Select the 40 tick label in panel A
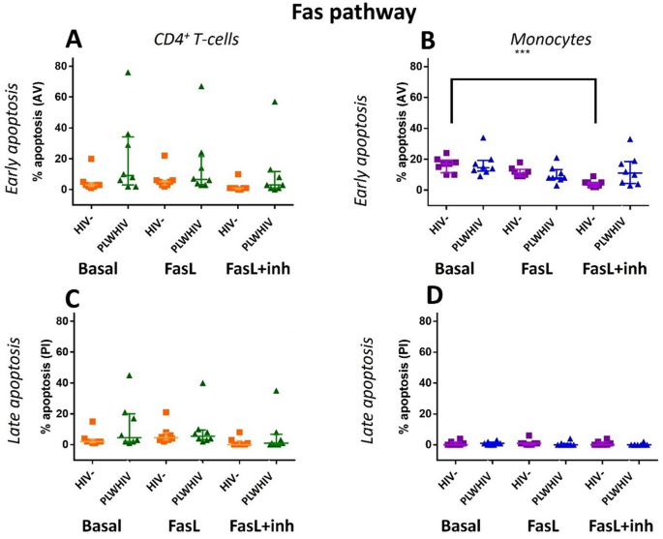[60, 128]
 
